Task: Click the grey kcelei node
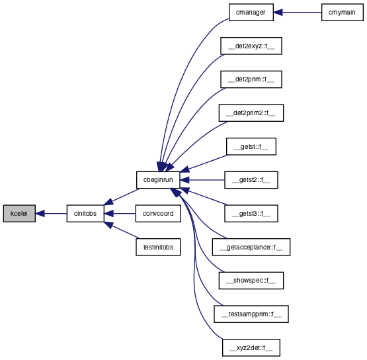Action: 19,213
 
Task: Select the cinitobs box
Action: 85,213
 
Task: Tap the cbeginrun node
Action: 158,180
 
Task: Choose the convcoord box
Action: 158,213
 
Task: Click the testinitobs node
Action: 158,247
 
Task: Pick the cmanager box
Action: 251,12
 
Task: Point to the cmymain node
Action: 343,12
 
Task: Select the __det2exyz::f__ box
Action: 251,46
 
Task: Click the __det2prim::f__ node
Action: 251,79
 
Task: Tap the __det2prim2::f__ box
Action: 251,113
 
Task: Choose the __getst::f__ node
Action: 251,146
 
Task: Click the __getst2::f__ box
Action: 251,180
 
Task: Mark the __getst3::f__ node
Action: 251,213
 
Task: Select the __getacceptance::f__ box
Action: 251,247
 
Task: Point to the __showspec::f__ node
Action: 251,281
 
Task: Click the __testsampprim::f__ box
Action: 251,314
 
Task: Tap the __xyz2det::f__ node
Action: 251,347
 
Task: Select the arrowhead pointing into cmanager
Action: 278,12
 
